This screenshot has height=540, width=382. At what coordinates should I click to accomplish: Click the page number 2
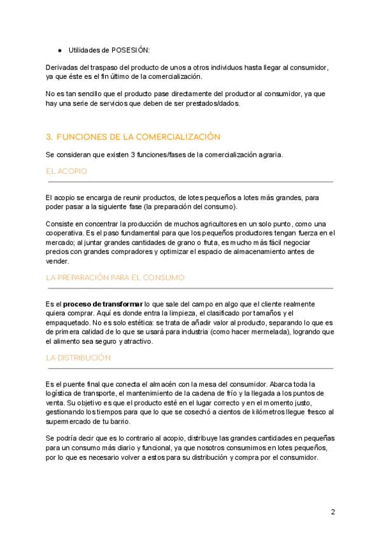pos(332,512)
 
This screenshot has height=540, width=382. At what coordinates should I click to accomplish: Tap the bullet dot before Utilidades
pos(59,50)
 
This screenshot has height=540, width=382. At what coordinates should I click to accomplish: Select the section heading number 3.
pos(49,137)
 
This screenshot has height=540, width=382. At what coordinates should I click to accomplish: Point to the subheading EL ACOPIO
pos(66,171)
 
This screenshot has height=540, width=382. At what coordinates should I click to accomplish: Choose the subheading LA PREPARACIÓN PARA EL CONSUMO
pos(115,278)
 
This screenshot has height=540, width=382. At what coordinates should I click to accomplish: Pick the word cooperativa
pos(67,233)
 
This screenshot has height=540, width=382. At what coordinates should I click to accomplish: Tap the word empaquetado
pos(68,322)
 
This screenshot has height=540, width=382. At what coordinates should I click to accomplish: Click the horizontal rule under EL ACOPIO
pos(189,182)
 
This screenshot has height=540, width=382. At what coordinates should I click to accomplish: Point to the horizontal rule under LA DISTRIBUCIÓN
pos(189,368)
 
